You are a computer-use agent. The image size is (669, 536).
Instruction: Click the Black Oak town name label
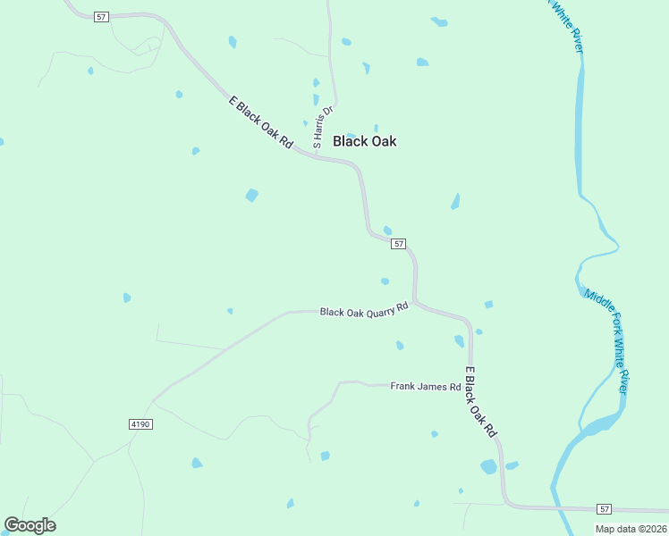click(364, 141)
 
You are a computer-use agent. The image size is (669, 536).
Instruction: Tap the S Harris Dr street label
click(322, 128)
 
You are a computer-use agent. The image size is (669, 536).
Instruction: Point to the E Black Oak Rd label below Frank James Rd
click(480, 401)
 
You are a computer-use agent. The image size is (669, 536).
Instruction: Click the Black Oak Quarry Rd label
click(364, 310)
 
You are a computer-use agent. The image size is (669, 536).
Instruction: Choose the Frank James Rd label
click(425, 387)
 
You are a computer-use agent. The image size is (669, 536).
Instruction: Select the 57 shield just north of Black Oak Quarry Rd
click(399, 244)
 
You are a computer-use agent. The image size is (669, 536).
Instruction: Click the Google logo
click(30, 525)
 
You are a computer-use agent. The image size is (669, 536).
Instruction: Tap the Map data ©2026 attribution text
click(630, 529)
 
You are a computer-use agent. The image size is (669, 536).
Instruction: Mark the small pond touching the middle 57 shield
click(387, 230)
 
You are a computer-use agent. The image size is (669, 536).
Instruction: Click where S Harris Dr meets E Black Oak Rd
click(315, 155)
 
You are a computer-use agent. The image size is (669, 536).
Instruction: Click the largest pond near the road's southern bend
click(488, 466)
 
